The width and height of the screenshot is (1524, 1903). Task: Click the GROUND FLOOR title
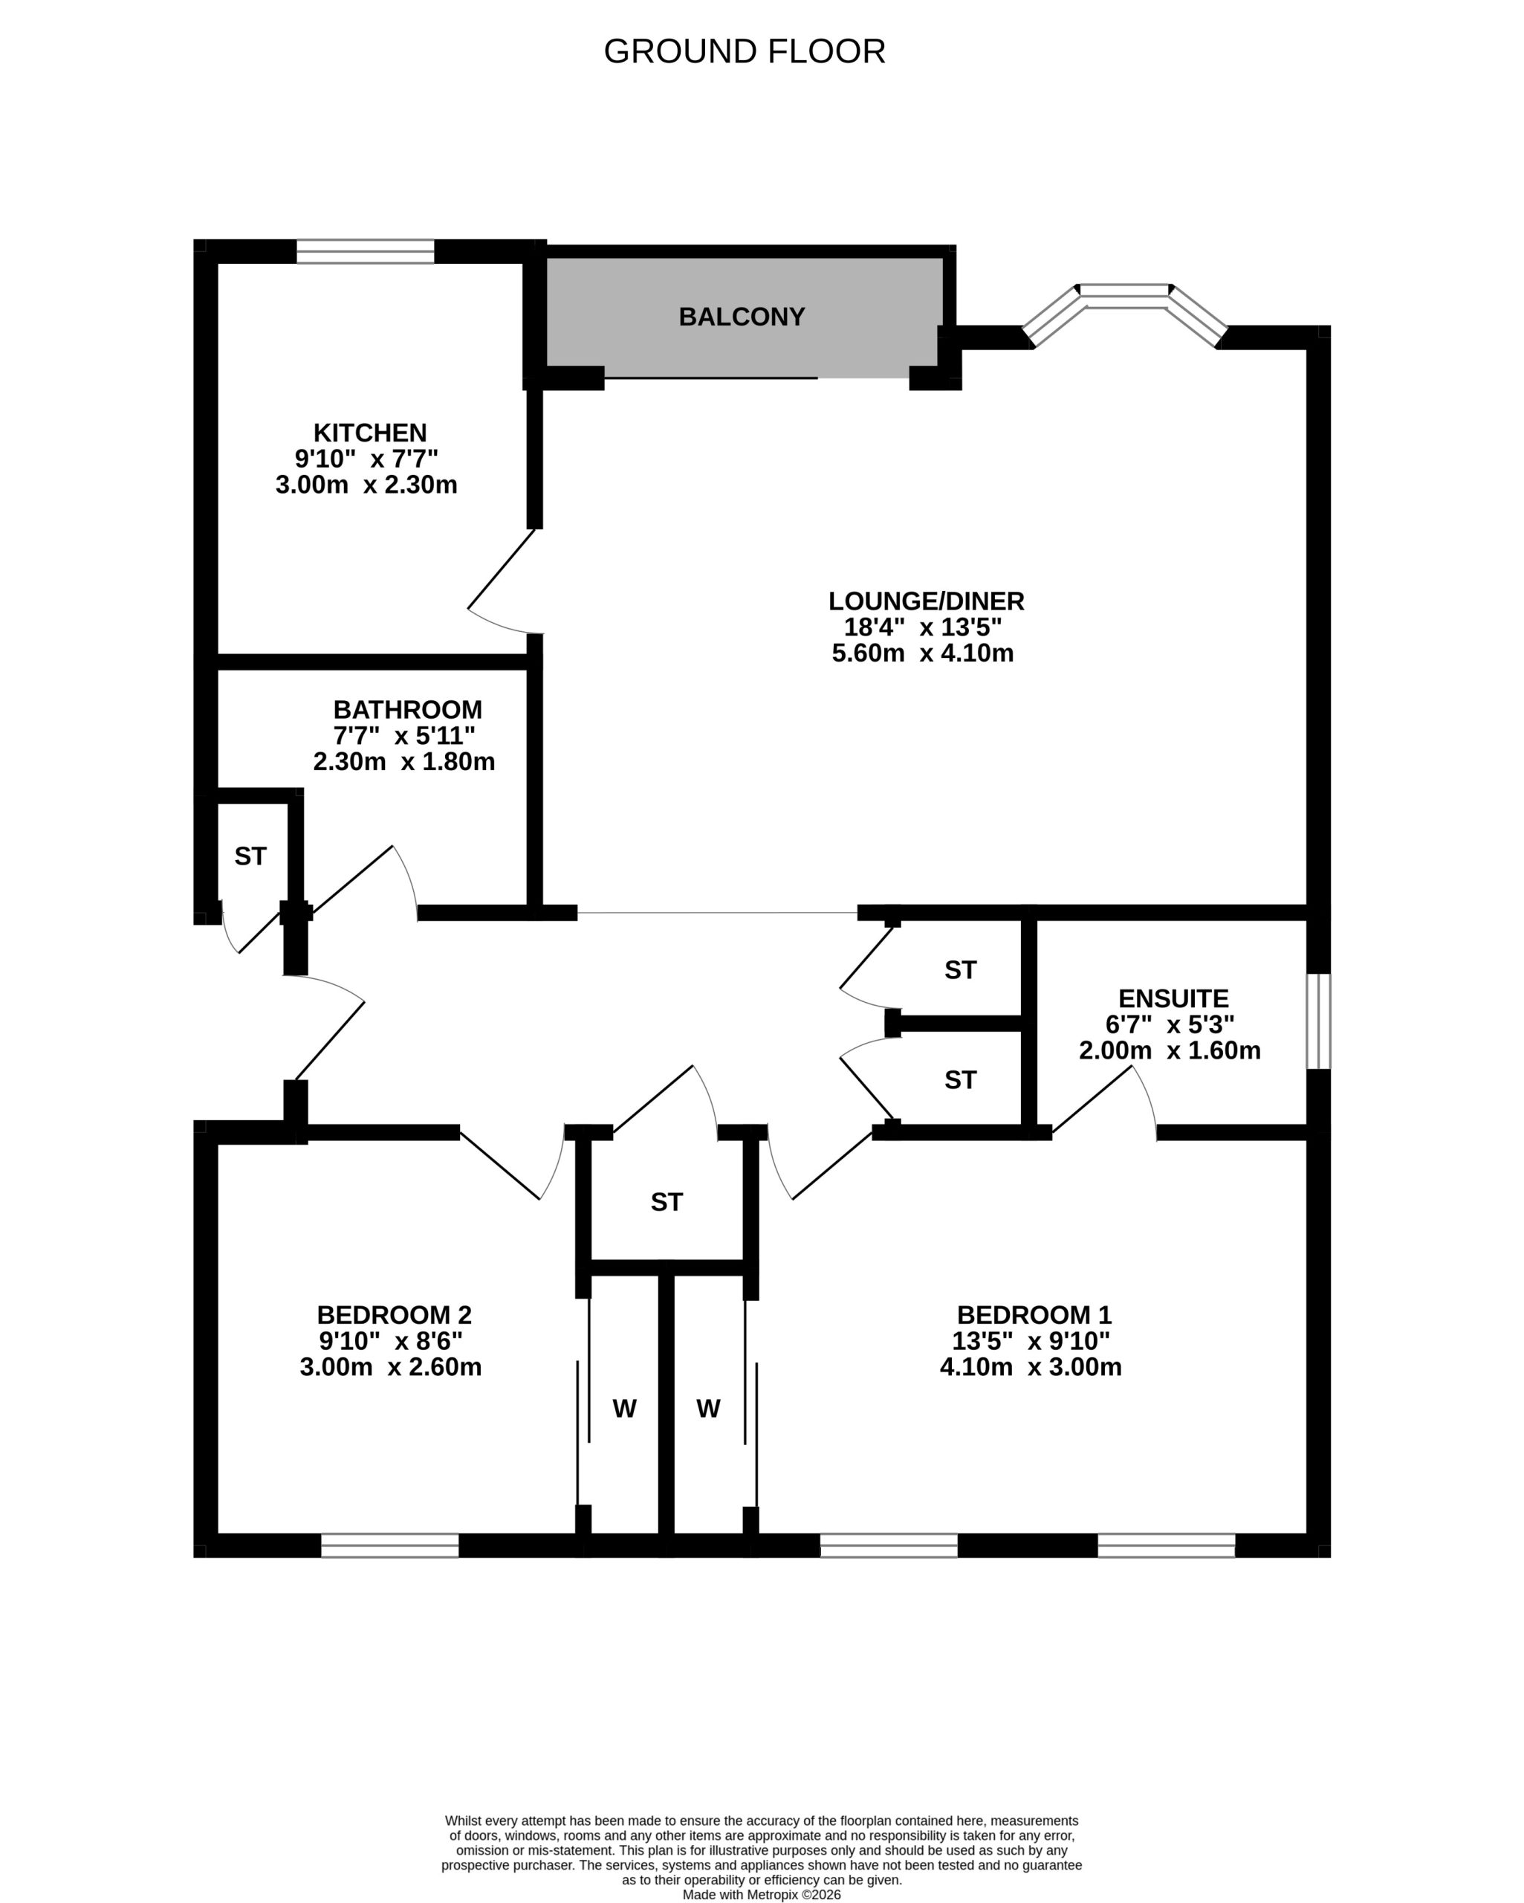pos(744,51)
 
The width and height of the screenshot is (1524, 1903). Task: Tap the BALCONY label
pos(742,316)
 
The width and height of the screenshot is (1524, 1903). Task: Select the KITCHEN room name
pos(370,433)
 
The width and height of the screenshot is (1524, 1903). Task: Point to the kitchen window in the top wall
pos(366,251)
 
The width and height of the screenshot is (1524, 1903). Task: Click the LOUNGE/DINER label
pos(926,601)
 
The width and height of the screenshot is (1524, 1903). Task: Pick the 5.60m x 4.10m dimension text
pos(922,653)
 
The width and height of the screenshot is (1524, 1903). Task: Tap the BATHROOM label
pos(408,710)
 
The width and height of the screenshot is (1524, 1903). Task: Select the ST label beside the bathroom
pos(250,856)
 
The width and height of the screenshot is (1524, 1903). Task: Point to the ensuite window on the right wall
pos(1317,1021)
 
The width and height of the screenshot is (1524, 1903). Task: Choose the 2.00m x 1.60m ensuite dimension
pos(1170,1050)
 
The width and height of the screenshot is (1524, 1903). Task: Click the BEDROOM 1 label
pos(1034,1315)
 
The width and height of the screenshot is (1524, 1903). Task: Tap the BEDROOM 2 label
pos(395,1315)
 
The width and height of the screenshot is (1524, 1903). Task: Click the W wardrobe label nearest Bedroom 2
pos(624,1409)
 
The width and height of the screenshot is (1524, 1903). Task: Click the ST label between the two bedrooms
pos(667,1202)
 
